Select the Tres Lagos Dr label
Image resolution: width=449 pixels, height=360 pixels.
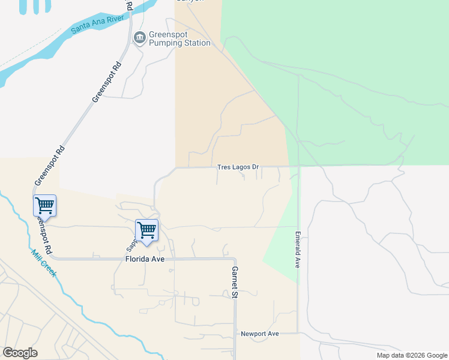pos(238,167)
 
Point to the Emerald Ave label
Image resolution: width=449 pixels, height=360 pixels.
pos(297,250)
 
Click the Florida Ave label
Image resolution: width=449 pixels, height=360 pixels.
pos(145,259)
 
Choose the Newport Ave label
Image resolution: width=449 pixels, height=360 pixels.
pos(260,334)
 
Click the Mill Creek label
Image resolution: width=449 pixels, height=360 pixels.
pos(44,262)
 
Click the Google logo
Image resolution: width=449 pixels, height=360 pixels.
pos(20,353)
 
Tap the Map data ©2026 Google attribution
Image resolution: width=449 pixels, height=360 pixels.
pos(411,355)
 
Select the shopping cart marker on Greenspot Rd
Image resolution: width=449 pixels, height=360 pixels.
pos(44,206)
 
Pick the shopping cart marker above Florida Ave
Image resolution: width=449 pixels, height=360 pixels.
pos(146,230)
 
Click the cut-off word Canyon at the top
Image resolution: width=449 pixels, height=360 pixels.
pos(190,1)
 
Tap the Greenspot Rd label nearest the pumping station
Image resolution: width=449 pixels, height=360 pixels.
pos(107,81)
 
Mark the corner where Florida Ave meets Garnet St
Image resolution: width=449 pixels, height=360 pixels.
pos(235,259)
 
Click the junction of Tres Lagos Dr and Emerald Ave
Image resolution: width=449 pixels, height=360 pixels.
pos(299,167)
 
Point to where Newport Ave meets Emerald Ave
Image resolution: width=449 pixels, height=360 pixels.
pos(298,332)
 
